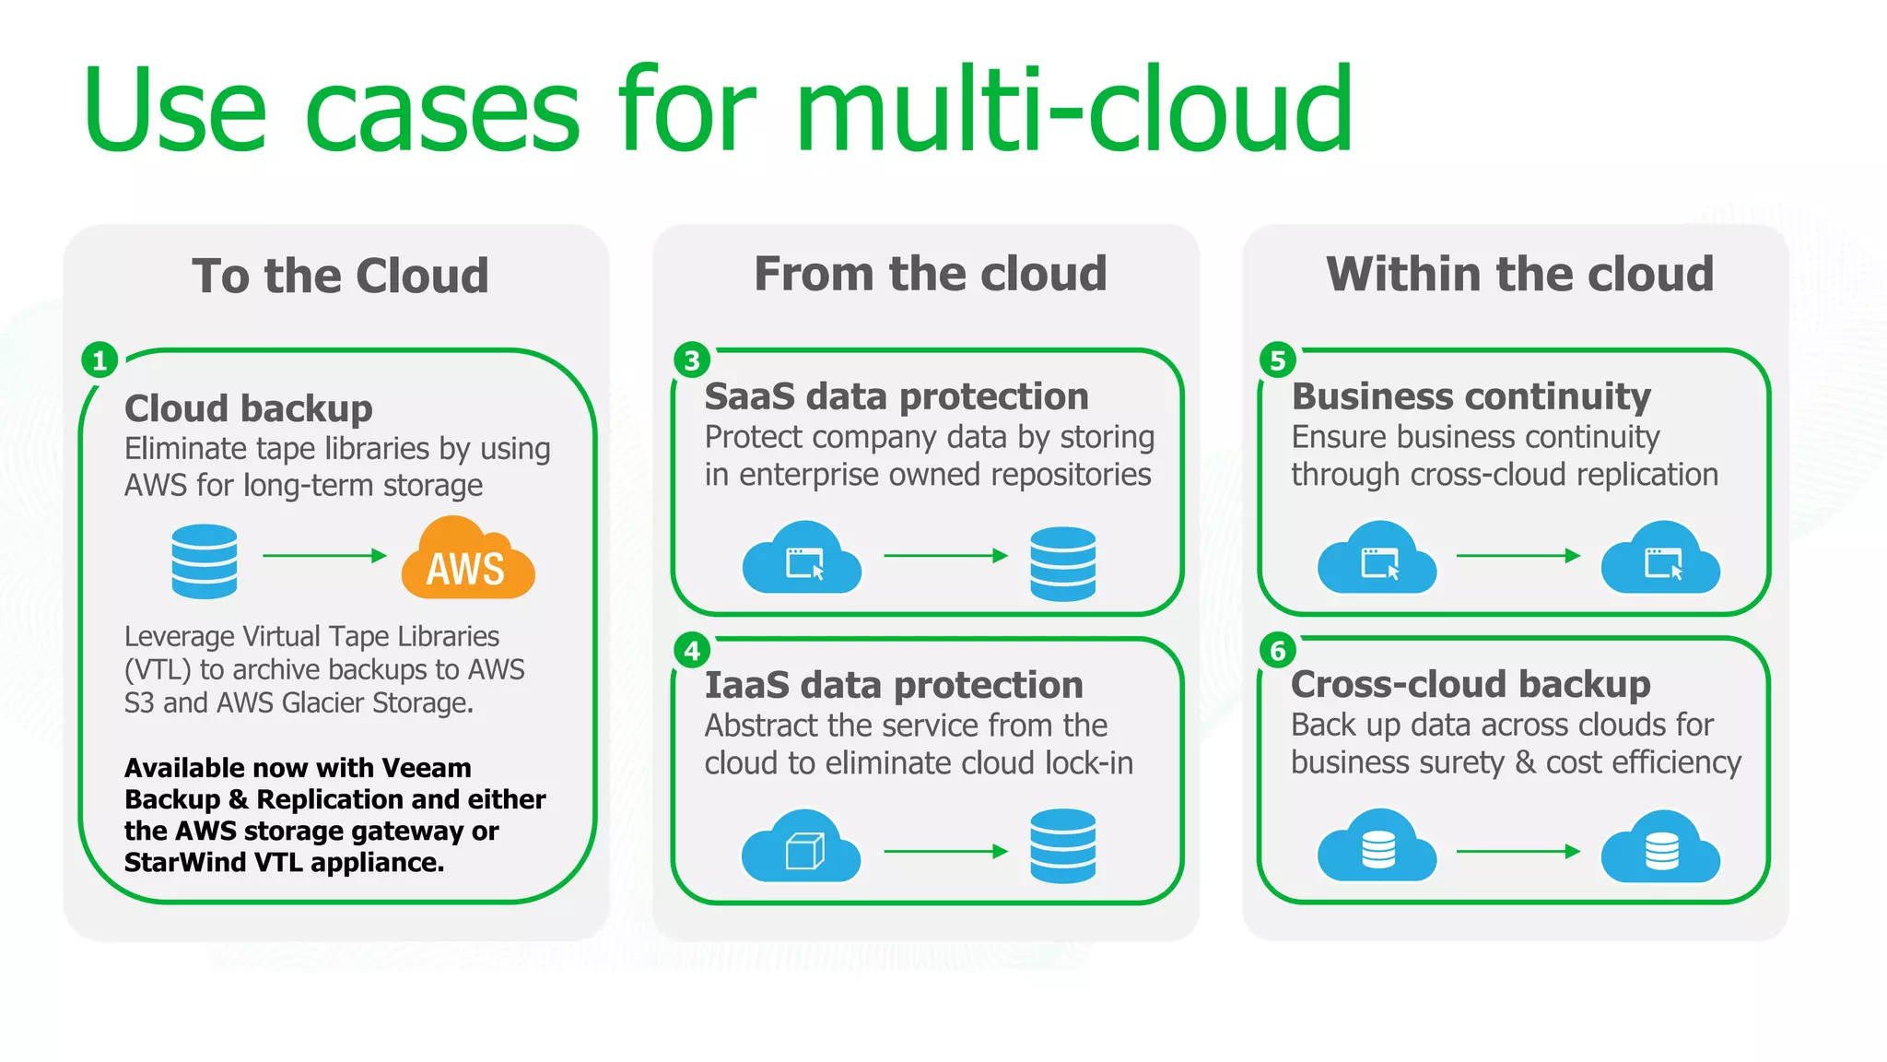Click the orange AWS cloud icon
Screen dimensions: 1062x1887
tap(467, 560)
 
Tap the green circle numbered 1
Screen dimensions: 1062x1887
tap(100, 360)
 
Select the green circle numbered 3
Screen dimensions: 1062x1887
tap(692, 360)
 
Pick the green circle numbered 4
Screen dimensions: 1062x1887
tap(692, 651)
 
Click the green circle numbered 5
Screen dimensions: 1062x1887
tap(1278, 360)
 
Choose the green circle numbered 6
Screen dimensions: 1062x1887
tap(1278, 651)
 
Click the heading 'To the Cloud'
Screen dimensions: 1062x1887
tap(340, 276)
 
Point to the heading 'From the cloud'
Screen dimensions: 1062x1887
tap(931, 274)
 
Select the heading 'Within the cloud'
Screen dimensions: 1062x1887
tap(1520, 274)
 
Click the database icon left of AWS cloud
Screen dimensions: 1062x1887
tap(205, 560)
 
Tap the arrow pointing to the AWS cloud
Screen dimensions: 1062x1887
tap(324, 555)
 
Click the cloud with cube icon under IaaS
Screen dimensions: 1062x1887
tap(802, 846)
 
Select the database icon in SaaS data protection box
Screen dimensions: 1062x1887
tap(1062, 562)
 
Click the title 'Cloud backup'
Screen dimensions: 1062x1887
tap(249, 408)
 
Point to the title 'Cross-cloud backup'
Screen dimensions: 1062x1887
tap(1471, 684)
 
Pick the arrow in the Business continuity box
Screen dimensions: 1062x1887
tap(1518, 555)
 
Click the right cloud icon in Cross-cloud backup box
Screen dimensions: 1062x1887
tap(1660, 846)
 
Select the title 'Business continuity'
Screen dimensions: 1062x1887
tap(1471, 396)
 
